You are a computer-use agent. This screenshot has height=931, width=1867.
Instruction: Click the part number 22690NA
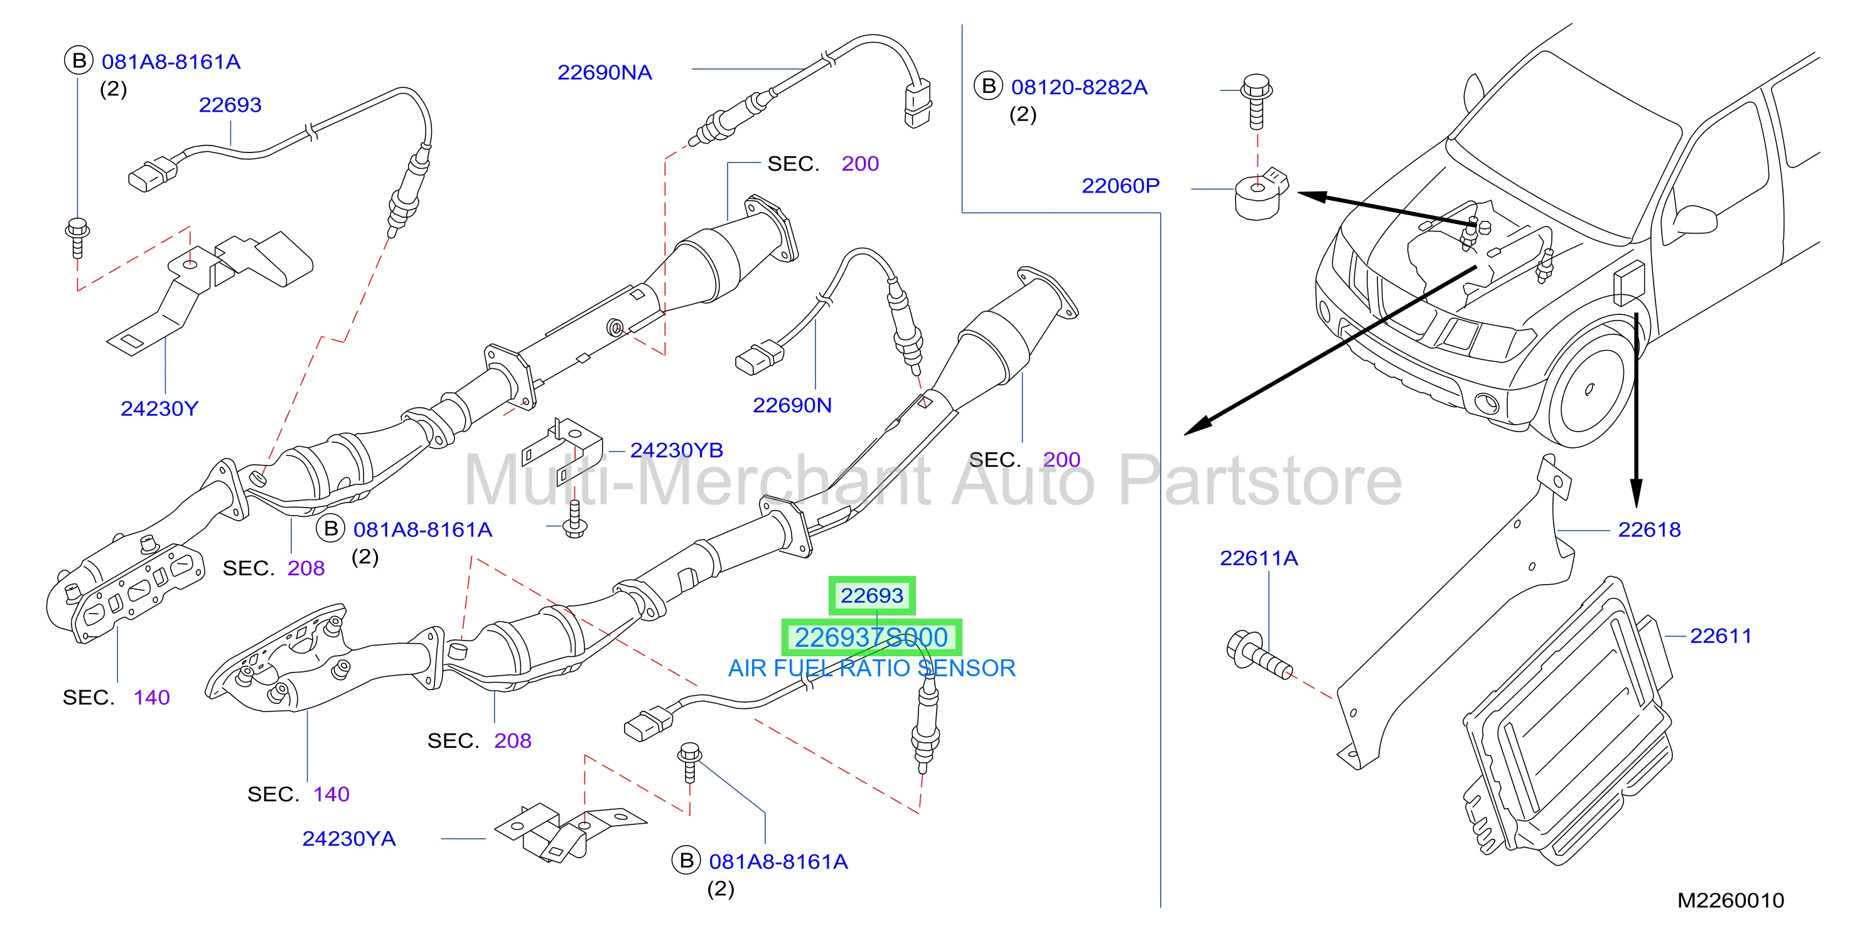point(605,72)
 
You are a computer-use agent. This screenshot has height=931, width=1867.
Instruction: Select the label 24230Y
point(159,408)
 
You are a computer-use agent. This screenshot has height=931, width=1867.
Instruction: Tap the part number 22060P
point(1121,186)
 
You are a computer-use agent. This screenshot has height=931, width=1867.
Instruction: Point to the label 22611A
point(1259,558)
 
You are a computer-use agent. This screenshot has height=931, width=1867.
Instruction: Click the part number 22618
point(1650,529)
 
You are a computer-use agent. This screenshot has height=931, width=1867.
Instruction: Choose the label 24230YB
point(677,450)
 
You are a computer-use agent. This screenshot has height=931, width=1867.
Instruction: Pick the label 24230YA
point(349,839)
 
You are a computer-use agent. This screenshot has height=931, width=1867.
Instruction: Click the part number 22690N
point(792,406)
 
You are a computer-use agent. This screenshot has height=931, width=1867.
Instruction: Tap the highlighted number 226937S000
point(871,637)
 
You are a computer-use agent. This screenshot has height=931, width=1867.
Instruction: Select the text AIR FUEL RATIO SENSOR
point(872,668)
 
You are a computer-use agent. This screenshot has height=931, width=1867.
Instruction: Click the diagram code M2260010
point(1731,900)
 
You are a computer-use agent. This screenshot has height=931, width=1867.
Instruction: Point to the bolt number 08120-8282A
point(1079,88)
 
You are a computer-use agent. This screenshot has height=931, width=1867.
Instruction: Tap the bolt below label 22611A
point(1258,655)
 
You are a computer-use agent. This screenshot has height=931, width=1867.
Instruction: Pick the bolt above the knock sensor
point(1257,102)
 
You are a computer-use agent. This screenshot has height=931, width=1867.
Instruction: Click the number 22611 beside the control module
point(1721,636)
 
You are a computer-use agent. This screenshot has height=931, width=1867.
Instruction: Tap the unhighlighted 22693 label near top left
point(230,105)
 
